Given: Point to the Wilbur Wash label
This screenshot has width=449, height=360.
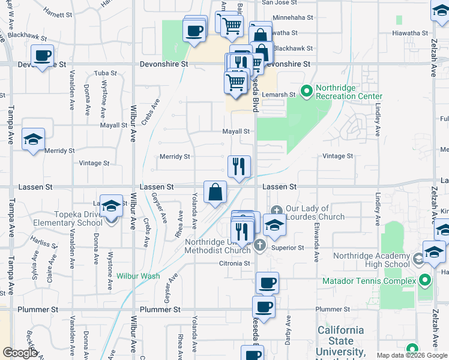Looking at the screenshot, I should pyautogui.click(x=138, y=276).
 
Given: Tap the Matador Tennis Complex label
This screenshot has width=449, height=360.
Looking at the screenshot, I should pyautogui.click(x=369, y=281).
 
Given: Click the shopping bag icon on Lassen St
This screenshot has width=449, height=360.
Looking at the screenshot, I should pyautogui.click(x=215, y=193).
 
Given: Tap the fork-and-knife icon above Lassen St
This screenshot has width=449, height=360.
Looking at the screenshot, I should pyautogui.click(x=239, y=166).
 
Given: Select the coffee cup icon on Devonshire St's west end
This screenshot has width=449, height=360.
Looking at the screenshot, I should pyautogui.click(x=42, y=56).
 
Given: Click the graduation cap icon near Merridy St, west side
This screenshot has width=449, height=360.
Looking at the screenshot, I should pyautogui.click(x=33, y=140).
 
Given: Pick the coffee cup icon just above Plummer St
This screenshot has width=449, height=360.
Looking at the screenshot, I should pyautogui.click(x=264, y=307).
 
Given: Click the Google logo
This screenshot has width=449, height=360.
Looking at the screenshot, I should pyautogui.click(x=20, y=353).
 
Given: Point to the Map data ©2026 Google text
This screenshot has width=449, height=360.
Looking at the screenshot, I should pyautogui.click(x=411, y=355).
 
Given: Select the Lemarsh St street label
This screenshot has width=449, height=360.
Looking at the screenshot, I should pyautogui.click(x=280, y=95).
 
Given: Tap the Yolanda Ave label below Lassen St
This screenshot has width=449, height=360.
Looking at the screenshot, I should pyautogui.click(x=194, y=210).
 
